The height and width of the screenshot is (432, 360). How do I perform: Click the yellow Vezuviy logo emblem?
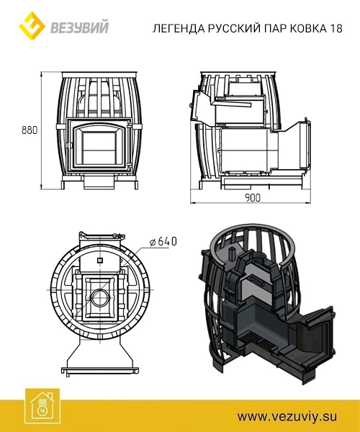click(x=32, y=26)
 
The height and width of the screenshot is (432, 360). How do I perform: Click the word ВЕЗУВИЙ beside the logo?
click(x=80, y=27)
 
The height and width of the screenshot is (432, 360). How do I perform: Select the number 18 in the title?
click(x=336, y=28)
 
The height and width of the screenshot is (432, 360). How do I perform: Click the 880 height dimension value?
click(x=30, y=130)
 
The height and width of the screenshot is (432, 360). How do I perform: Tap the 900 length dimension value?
click(x=252, y=197)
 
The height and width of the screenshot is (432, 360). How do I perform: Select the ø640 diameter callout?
click(x=163, y=241)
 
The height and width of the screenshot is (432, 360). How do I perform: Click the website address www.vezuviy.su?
click(x=287, y=416)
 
